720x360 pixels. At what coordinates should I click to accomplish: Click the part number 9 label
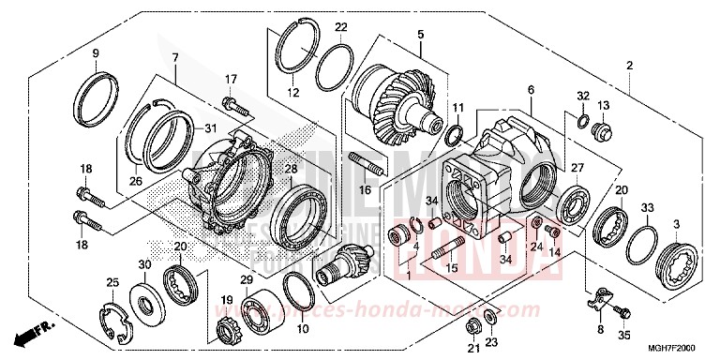(95, 52)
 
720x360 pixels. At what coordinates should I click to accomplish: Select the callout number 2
(629, 66)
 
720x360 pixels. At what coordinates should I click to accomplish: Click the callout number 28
(291, 169)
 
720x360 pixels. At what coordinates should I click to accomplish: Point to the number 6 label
(531, 90)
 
